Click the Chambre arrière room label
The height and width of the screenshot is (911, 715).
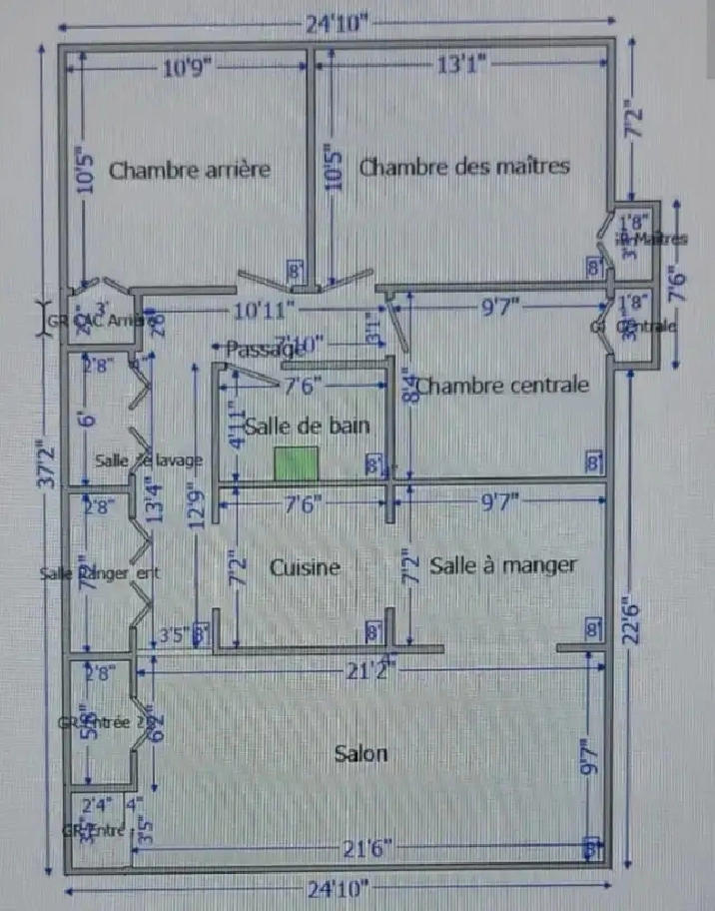189,170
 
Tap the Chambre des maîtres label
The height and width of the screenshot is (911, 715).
464,166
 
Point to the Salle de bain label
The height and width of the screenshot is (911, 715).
307,426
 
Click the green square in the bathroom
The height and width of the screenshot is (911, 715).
297,464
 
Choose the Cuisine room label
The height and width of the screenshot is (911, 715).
305,567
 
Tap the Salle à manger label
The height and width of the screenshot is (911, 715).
503,565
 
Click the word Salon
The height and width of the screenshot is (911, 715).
360,753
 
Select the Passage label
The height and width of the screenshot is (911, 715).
263,349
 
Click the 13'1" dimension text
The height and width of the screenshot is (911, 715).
460,65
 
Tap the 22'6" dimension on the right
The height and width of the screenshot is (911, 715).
630,611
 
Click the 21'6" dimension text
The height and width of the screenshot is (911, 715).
366,848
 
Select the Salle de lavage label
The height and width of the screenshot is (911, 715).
150,459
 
